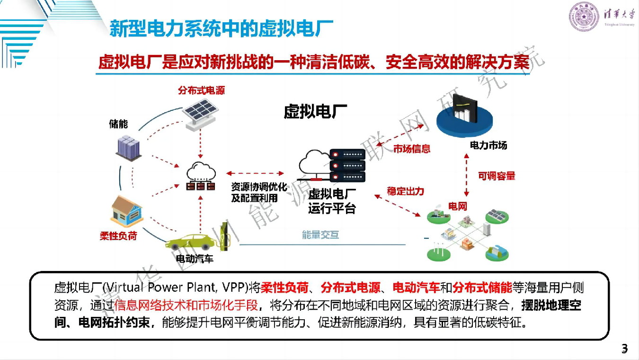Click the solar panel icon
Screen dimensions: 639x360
click(x=200, y=114)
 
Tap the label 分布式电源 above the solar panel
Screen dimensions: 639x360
click(x=201, y=90)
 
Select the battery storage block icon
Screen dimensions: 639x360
click(x=129, y=148)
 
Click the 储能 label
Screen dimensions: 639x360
click(x=118, y=124)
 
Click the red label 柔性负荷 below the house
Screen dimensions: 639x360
click(x=118, y=236)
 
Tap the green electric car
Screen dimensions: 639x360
click(x=191, y=243)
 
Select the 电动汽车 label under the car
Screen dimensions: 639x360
click(x=195, y=259)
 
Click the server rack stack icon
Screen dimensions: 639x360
click(x=347, y=165)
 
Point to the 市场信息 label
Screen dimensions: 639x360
click(x=412, y=148)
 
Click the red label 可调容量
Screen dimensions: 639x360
click(x=497, y=176)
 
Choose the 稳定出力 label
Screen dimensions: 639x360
click(x=405, y=191)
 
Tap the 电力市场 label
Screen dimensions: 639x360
click(x=488, y=145)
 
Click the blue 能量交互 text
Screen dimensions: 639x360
click(x=320, y=234)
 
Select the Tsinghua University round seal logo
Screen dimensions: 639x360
click(x=584, y=16)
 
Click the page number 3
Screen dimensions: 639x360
click(x=624, y=349)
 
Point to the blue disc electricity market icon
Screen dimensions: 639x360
click(x=464, y=117)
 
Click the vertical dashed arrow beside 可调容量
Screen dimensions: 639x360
click(x=466, y=175)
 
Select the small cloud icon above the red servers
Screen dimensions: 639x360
click(x=201, y=171)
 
